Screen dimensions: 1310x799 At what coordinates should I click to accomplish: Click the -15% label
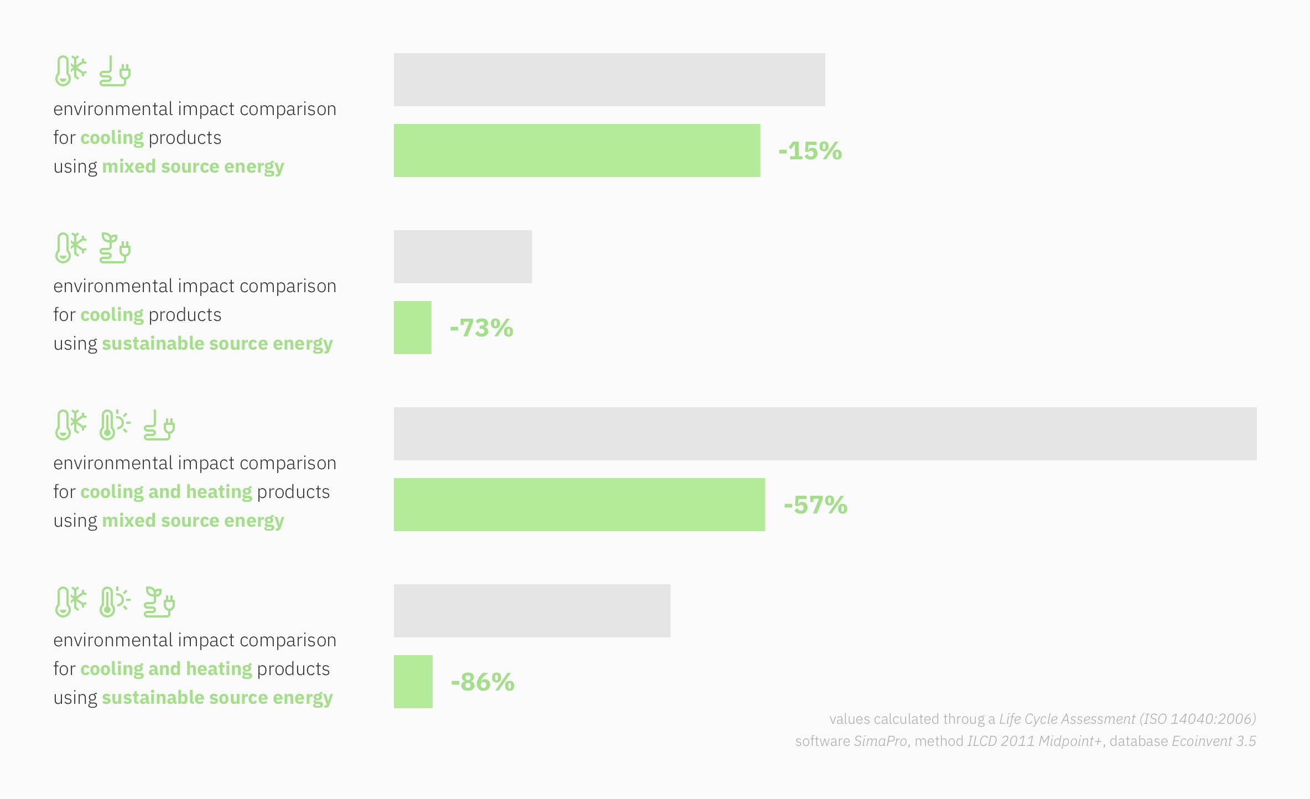pos(810,151)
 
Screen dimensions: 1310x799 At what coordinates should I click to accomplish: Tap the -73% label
pos(481,328)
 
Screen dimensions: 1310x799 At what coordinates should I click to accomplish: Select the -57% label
pos(815,505)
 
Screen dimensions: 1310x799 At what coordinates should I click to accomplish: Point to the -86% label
pos(482,682)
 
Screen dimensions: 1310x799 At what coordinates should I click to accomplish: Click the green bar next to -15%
pos(577,151)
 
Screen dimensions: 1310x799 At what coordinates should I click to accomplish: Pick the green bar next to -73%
pos(413,328)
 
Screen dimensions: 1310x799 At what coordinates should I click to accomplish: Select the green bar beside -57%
pos(579,505)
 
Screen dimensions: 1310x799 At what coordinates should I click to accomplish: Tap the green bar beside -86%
pos(413,682)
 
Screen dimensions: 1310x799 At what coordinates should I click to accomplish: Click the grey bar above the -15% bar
pos(610,80)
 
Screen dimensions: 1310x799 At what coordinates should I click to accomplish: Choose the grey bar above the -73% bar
pos(463,257)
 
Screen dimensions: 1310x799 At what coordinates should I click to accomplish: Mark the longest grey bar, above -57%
pos(825,434)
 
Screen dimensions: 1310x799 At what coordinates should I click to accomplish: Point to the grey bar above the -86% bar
pos(532,611)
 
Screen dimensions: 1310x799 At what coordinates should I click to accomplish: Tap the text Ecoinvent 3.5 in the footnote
pos(1214,741)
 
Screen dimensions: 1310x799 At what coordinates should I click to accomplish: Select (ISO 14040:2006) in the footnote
pos(1198,719)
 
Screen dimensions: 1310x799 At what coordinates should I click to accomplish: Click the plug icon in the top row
pos(115,71)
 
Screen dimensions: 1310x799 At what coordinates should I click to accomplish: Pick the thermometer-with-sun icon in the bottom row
pos(115,602)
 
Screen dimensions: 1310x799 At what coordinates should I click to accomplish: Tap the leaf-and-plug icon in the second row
pos(115,248)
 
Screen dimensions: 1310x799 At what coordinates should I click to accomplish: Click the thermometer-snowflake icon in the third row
pos(71,425)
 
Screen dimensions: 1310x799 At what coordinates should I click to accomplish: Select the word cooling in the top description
pos(112,138)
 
